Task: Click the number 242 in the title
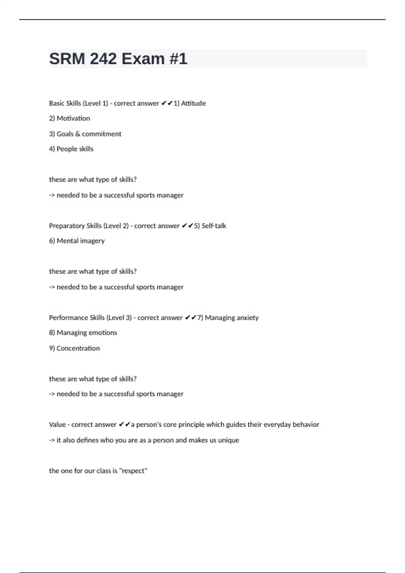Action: (103, 59)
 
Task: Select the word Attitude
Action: (193, 103)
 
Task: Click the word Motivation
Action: (73, 118)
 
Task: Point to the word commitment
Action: (101, 134)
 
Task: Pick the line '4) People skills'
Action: (71, 149)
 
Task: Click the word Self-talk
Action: (214, 226)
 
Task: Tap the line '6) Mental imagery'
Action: (77, 241)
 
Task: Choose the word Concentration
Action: (78, 348)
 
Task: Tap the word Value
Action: (57, 425)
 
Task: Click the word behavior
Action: (306, 425)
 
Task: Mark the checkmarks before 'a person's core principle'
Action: (124, 425)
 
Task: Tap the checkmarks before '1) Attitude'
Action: (167, 103)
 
